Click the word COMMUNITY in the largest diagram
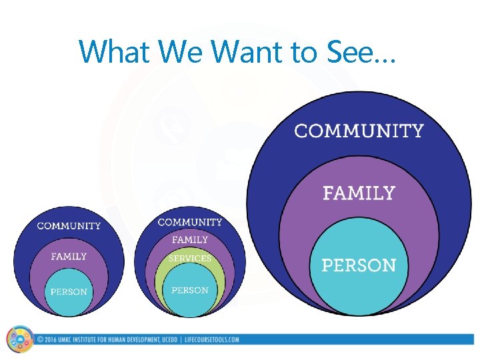[x=359, y=131]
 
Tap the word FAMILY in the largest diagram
[x=359, y=193]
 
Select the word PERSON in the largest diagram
[x=359, y=265]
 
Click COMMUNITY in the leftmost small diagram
[x=69, y=226]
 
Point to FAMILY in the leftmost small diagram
[x=69, y=256]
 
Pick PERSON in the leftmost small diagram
[x=69, y=291]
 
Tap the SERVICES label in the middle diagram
[x=190, y=258]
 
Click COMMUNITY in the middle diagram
[x=190, y=222]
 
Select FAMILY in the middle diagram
[x=190, y=239]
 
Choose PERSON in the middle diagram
[x=190, y=290]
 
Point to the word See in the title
[x=348, y=51]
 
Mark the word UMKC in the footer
[x=67, y=340]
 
